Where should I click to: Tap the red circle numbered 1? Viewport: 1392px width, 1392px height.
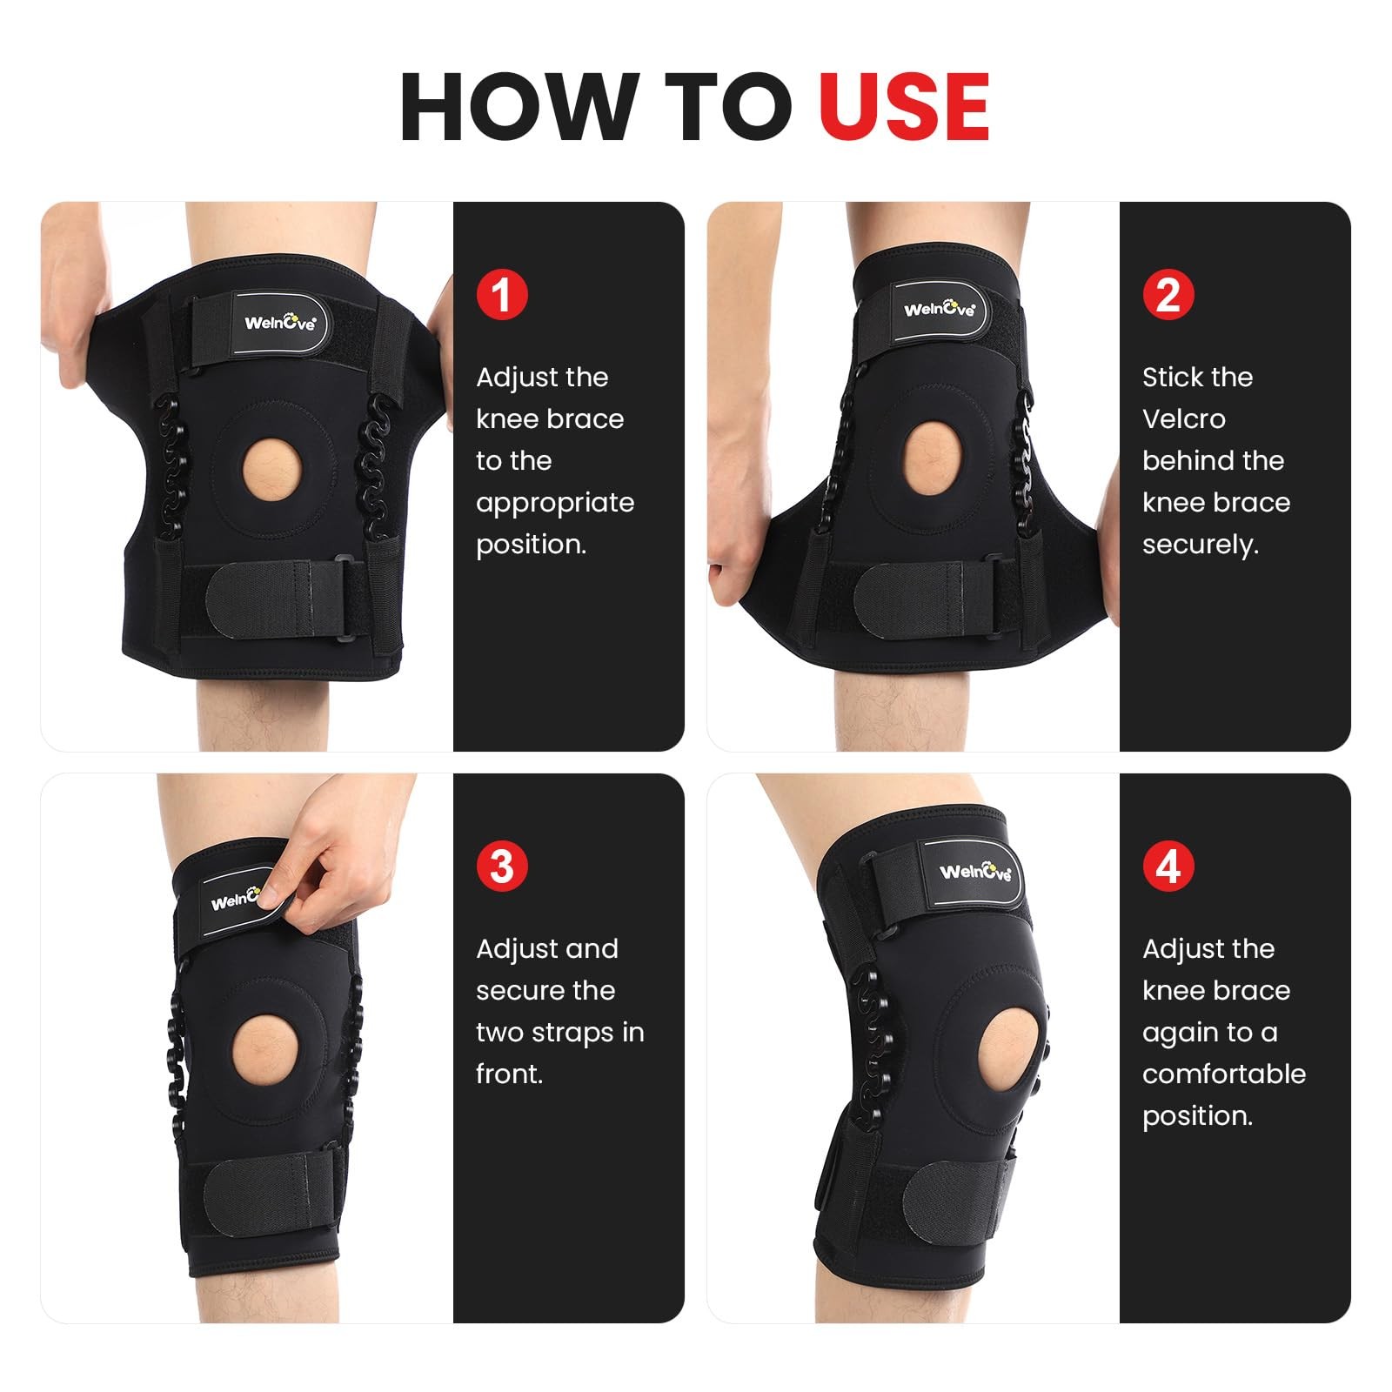click(x=502, y=294)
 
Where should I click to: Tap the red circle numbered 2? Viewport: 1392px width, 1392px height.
click(x=1168, y=294)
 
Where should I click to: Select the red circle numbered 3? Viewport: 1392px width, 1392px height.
click(x=502, y=866)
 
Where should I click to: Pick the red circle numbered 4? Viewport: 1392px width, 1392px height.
click(x=1168, y=866)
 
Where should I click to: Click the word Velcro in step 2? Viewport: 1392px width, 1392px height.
click(x=1183, y=419)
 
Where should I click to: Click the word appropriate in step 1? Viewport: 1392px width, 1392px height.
click(x=555, y=503)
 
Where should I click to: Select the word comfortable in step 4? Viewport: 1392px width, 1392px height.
click(x=1223, y=1074)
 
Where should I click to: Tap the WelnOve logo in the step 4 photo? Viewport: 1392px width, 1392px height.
click(x=975, y=872)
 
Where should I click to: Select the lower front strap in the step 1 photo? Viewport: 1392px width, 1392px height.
click(x=278, y=600)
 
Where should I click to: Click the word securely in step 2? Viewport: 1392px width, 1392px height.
click(x=1200, y=545)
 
